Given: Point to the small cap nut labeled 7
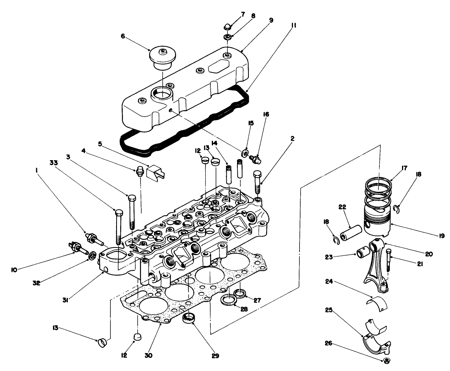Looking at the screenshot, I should pyautogui.click(x=227, y=27).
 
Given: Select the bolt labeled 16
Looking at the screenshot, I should pyautogui.click(x=254, y=158).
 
